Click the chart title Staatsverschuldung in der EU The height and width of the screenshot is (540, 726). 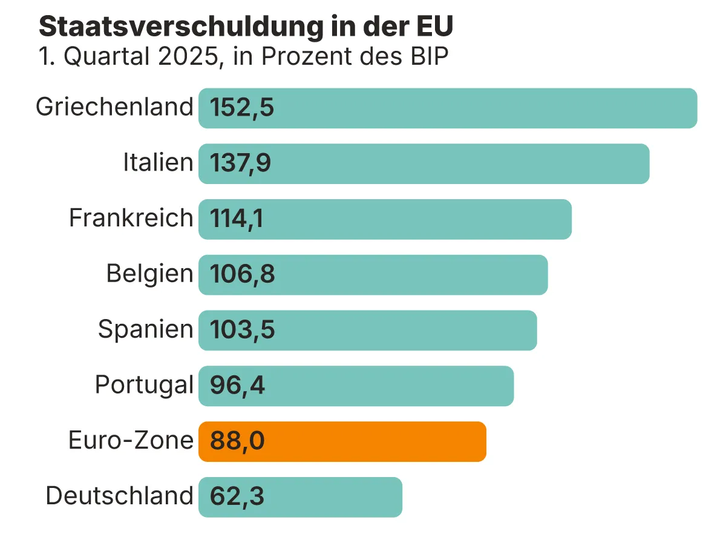(246, 27)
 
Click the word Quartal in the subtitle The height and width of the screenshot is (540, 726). (105, 57)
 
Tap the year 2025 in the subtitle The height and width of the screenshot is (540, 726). (181, 57)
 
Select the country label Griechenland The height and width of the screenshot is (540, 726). (114, 107)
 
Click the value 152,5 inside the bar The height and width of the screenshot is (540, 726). (242, 108)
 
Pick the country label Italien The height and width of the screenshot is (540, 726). (158, 163)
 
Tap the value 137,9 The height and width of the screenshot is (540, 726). (241, 164)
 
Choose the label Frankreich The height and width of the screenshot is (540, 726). (131, 218)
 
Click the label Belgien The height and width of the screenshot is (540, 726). (149, 274)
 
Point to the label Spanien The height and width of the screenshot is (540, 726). (145, 329)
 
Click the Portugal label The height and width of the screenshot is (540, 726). (144, 385)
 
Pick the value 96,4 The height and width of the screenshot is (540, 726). (237, 386)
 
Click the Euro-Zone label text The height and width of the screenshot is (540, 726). (131, 440)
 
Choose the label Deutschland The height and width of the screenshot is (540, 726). (119, 496)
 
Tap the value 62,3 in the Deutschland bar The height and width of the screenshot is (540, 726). (237, 498)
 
